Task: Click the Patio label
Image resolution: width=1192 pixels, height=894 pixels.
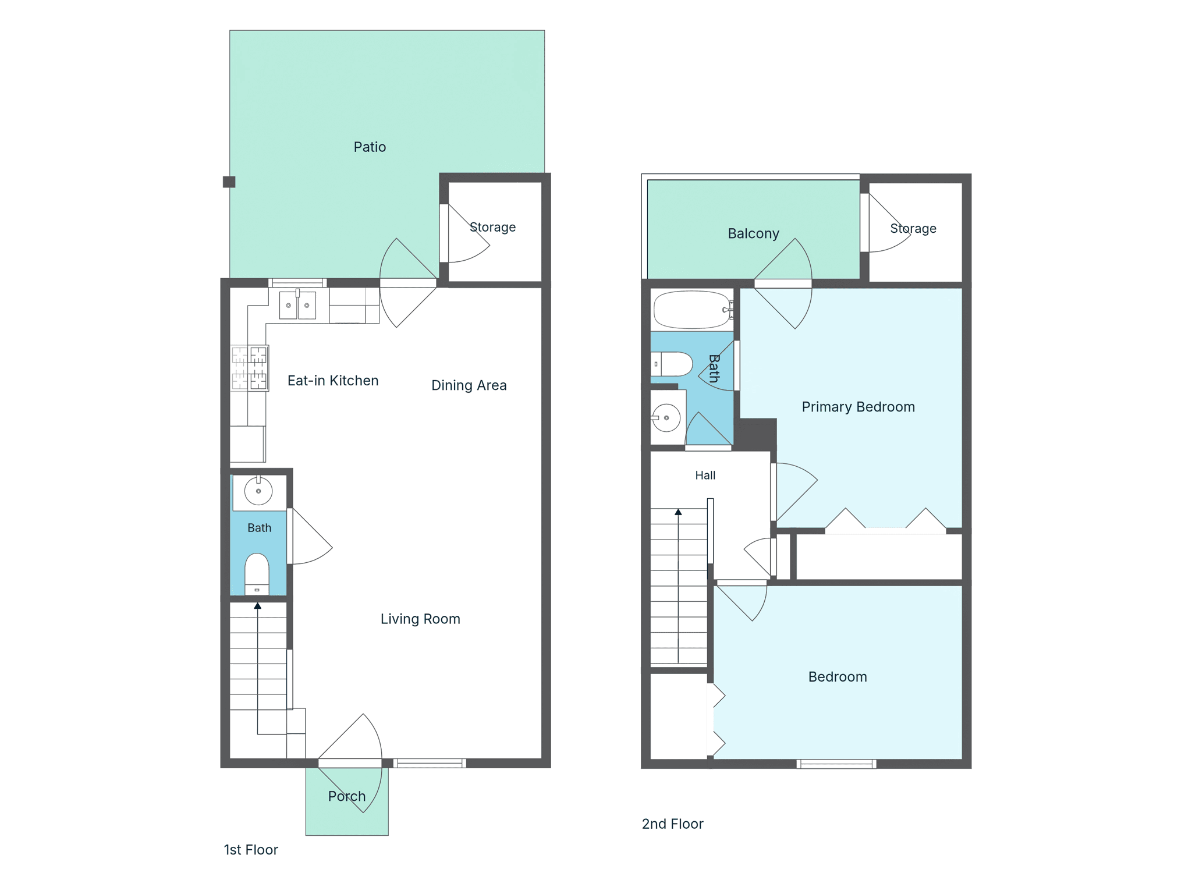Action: (370, 147)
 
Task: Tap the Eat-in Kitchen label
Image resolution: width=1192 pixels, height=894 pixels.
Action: (333, 381)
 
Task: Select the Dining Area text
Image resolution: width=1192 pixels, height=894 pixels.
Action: (469, 385)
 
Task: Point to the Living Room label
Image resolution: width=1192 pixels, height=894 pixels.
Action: (420, 619)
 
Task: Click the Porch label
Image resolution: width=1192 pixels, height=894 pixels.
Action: (347, 796)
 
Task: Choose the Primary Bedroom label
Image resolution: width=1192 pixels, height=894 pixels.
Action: (858, 407)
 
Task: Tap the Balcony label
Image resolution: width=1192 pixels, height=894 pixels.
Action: (753, 233)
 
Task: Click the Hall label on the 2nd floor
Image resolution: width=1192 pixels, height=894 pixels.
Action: (705, 476)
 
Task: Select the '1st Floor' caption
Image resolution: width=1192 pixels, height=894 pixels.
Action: (251, 850)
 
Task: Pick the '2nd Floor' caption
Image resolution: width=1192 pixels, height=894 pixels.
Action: (672, 824)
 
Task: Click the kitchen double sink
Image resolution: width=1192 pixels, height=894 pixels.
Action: (297, 305)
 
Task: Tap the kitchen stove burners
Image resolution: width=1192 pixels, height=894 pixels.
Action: (250, 368)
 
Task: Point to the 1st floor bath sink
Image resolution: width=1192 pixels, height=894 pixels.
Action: (258, 491)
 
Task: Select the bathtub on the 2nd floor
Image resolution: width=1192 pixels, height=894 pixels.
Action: (693, 310)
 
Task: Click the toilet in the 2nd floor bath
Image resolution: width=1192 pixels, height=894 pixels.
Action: (672, 364)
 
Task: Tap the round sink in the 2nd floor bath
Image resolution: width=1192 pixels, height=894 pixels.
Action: (666, 418)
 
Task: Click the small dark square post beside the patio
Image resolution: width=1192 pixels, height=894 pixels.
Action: (229, 182)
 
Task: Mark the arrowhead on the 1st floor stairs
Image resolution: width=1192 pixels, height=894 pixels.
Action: (257, 606)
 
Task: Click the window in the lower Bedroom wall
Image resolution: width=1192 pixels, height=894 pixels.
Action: (836, 764)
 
